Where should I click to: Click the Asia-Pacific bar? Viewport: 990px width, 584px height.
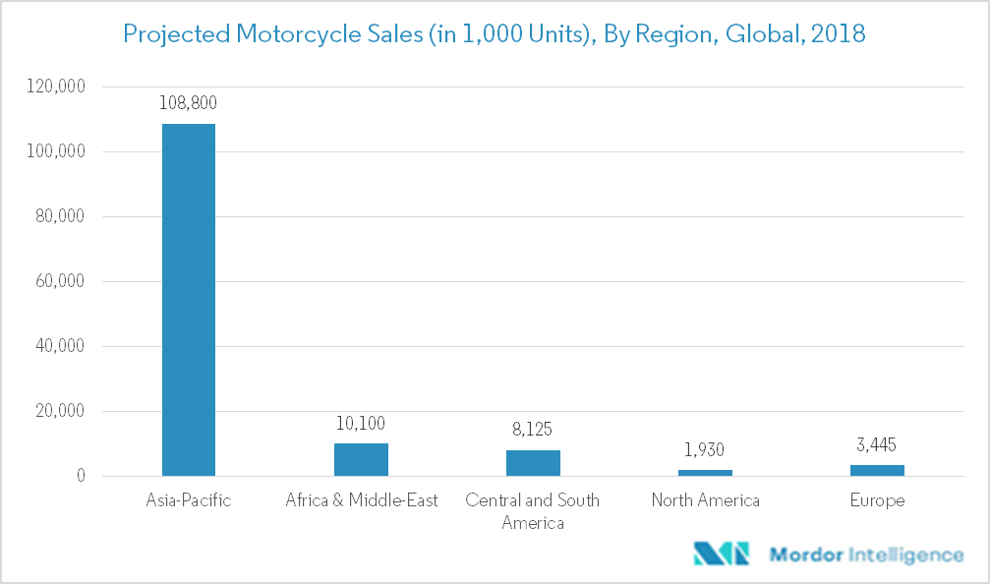click(x=189, y=300)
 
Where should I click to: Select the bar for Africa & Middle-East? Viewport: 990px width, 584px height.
click(x=361, y=460)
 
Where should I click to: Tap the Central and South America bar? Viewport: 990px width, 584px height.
click(x=533, y=463)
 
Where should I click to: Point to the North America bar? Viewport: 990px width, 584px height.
click(x=705, y=473)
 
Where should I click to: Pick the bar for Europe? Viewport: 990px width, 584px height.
click(x=877, y=471)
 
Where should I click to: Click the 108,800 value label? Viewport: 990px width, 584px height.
click(x=189, y=102)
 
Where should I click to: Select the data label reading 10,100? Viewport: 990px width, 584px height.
click(x=361, y=424)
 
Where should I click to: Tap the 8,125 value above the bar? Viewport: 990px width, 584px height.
click(x=533, y=430)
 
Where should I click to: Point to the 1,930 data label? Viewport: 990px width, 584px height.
click(x=705, y=449)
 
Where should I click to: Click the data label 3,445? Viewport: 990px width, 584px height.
click(x=877, y=444)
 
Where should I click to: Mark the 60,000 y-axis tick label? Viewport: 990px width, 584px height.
click(x=56, y=281)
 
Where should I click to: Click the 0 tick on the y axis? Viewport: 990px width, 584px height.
click(x=81, y=476)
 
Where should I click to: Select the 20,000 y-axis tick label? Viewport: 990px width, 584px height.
click(x=56, y=411)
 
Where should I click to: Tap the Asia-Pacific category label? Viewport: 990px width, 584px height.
click(x=189, y=500)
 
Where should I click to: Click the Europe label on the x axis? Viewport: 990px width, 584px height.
click(x=877, y=500)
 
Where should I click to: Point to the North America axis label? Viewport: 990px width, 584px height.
click(x=705, y=500)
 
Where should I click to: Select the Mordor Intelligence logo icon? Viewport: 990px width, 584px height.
click(x=721, y=554)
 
